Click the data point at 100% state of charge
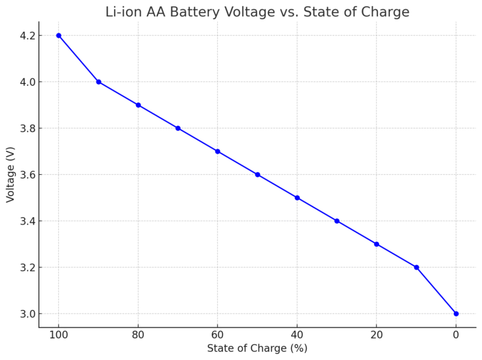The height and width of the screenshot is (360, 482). (58, 35)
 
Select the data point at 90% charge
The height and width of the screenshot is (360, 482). (99, 82)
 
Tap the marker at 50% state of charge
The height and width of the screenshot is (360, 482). (257, 174)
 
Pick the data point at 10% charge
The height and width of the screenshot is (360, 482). (416, 267)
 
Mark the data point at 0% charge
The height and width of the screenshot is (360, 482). (456, 314)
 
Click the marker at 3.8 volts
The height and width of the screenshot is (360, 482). (178, 128)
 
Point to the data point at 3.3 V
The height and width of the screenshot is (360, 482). (377, 244)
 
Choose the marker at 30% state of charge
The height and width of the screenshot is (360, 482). (337, 221)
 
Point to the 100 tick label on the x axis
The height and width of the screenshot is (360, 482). (58, 335)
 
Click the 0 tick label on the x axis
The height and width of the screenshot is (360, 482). (456, 335)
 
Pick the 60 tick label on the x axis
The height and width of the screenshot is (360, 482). (218, 335)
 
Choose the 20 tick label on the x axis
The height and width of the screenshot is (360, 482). (377, 335)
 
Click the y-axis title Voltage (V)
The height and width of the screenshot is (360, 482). (11, 174)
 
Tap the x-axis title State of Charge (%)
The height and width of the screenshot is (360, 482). (257, 349)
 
